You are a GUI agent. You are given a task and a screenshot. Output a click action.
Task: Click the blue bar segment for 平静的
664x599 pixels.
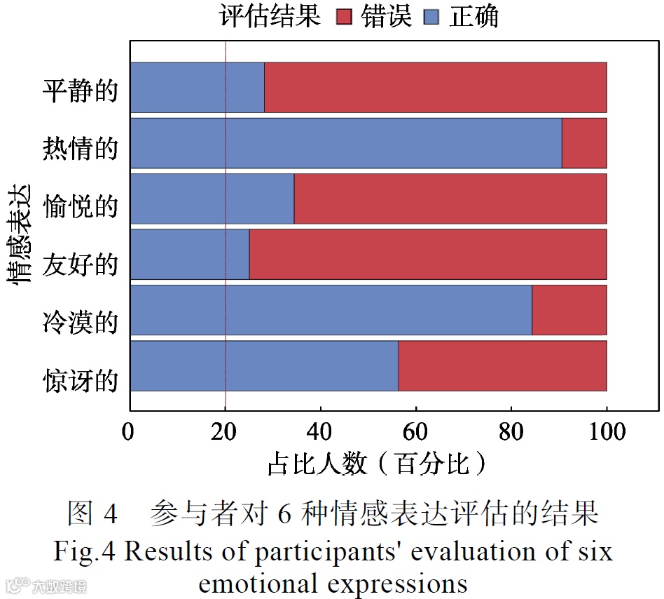[x=198, y=87]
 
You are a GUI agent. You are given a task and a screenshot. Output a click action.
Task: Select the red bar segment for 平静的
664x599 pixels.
[x=435, y=87]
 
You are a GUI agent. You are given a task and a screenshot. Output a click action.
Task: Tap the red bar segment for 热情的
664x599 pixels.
[x=584, y=143]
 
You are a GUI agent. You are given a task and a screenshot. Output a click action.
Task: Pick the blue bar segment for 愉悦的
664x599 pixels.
[x=212, y=198]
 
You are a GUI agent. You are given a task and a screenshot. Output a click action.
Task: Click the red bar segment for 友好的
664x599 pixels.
[x=427, y=255]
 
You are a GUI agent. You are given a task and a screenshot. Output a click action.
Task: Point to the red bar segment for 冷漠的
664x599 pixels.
[x=569, y=310]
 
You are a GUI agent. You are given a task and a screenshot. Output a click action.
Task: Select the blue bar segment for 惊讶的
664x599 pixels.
[x=264, y=365]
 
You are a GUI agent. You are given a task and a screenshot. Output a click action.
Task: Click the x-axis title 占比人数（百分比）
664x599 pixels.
[x=377, y=464]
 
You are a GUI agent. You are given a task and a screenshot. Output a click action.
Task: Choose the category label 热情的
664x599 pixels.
[x=80, y=149]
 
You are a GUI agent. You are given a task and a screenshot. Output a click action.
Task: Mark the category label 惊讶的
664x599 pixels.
[x=80, y=382]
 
